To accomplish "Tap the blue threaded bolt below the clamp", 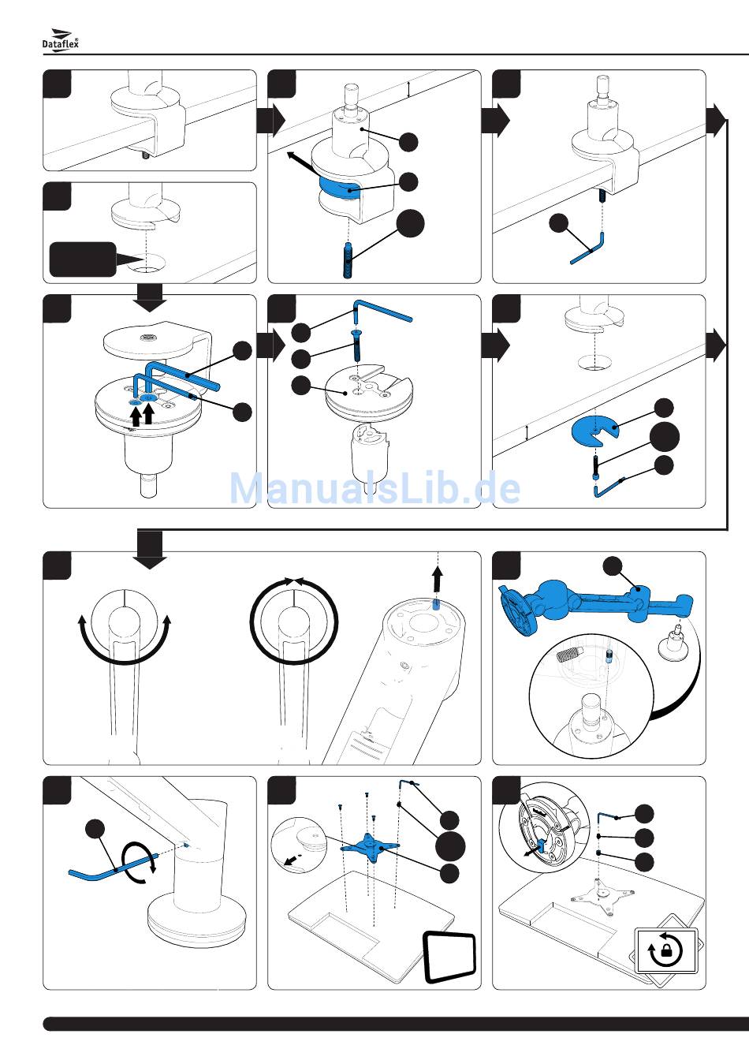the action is click(348, 260).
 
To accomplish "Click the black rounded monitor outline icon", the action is click(451, 957).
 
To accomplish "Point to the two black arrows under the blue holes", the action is click(141, 415).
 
